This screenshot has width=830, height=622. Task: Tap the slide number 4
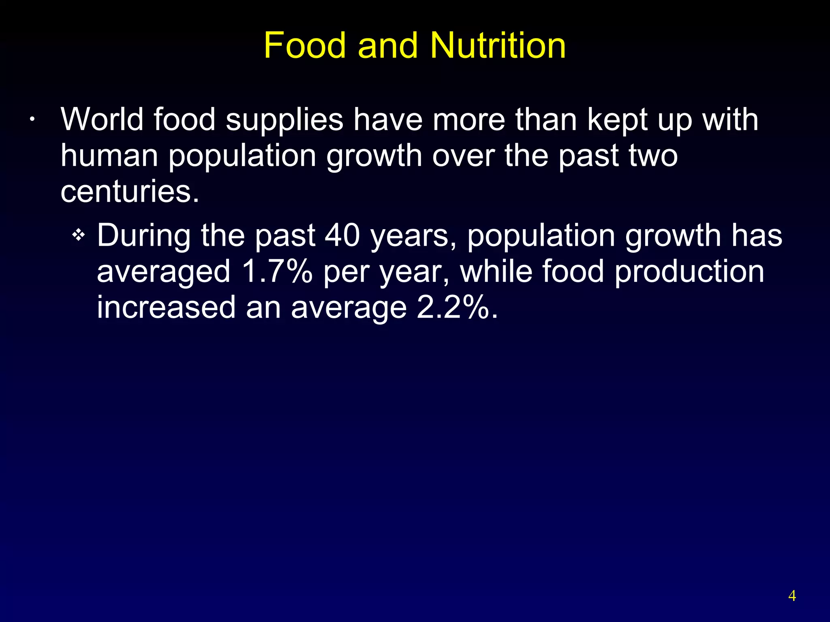pos(792,596)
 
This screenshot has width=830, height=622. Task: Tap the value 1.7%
pos(277,271)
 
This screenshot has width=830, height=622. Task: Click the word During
pos(143,236)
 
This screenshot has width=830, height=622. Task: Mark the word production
pos(689,272)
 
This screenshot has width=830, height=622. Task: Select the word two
pos(653,155)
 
